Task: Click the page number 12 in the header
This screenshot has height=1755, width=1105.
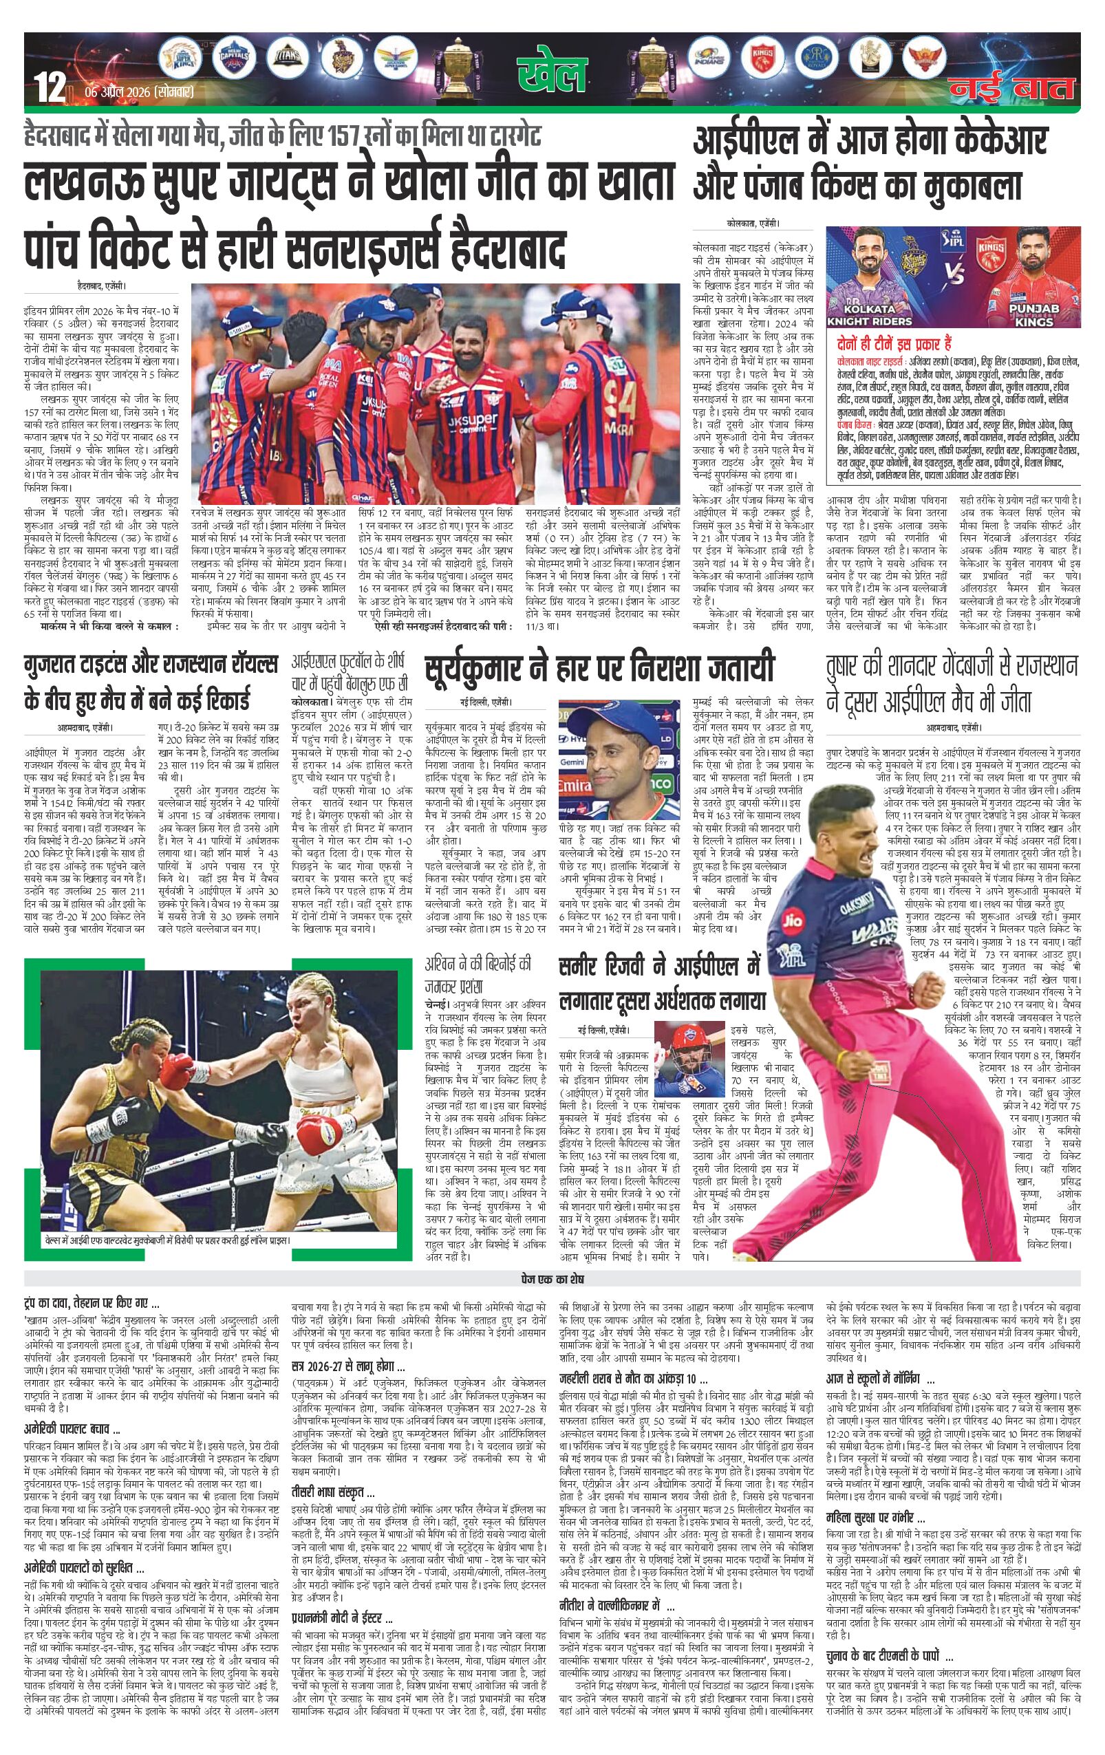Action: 51,88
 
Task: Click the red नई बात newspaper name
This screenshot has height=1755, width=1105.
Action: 1012,88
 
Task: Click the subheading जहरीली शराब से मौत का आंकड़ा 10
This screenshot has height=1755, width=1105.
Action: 633,1379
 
